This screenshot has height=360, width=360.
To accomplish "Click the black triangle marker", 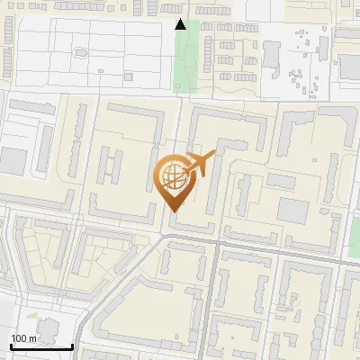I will point(181,24).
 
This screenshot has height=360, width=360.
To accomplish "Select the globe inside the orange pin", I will point(173,177).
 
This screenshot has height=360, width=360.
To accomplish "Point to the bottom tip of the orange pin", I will point(173,211).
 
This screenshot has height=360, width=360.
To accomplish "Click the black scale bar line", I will point(41,346).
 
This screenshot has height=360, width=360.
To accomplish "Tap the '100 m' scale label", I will point(23,338).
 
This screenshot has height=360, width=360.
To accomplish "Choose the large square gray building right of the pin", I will point(292,210).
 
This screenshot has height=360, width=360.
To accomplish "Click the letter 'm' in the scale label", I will point(32,338).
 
